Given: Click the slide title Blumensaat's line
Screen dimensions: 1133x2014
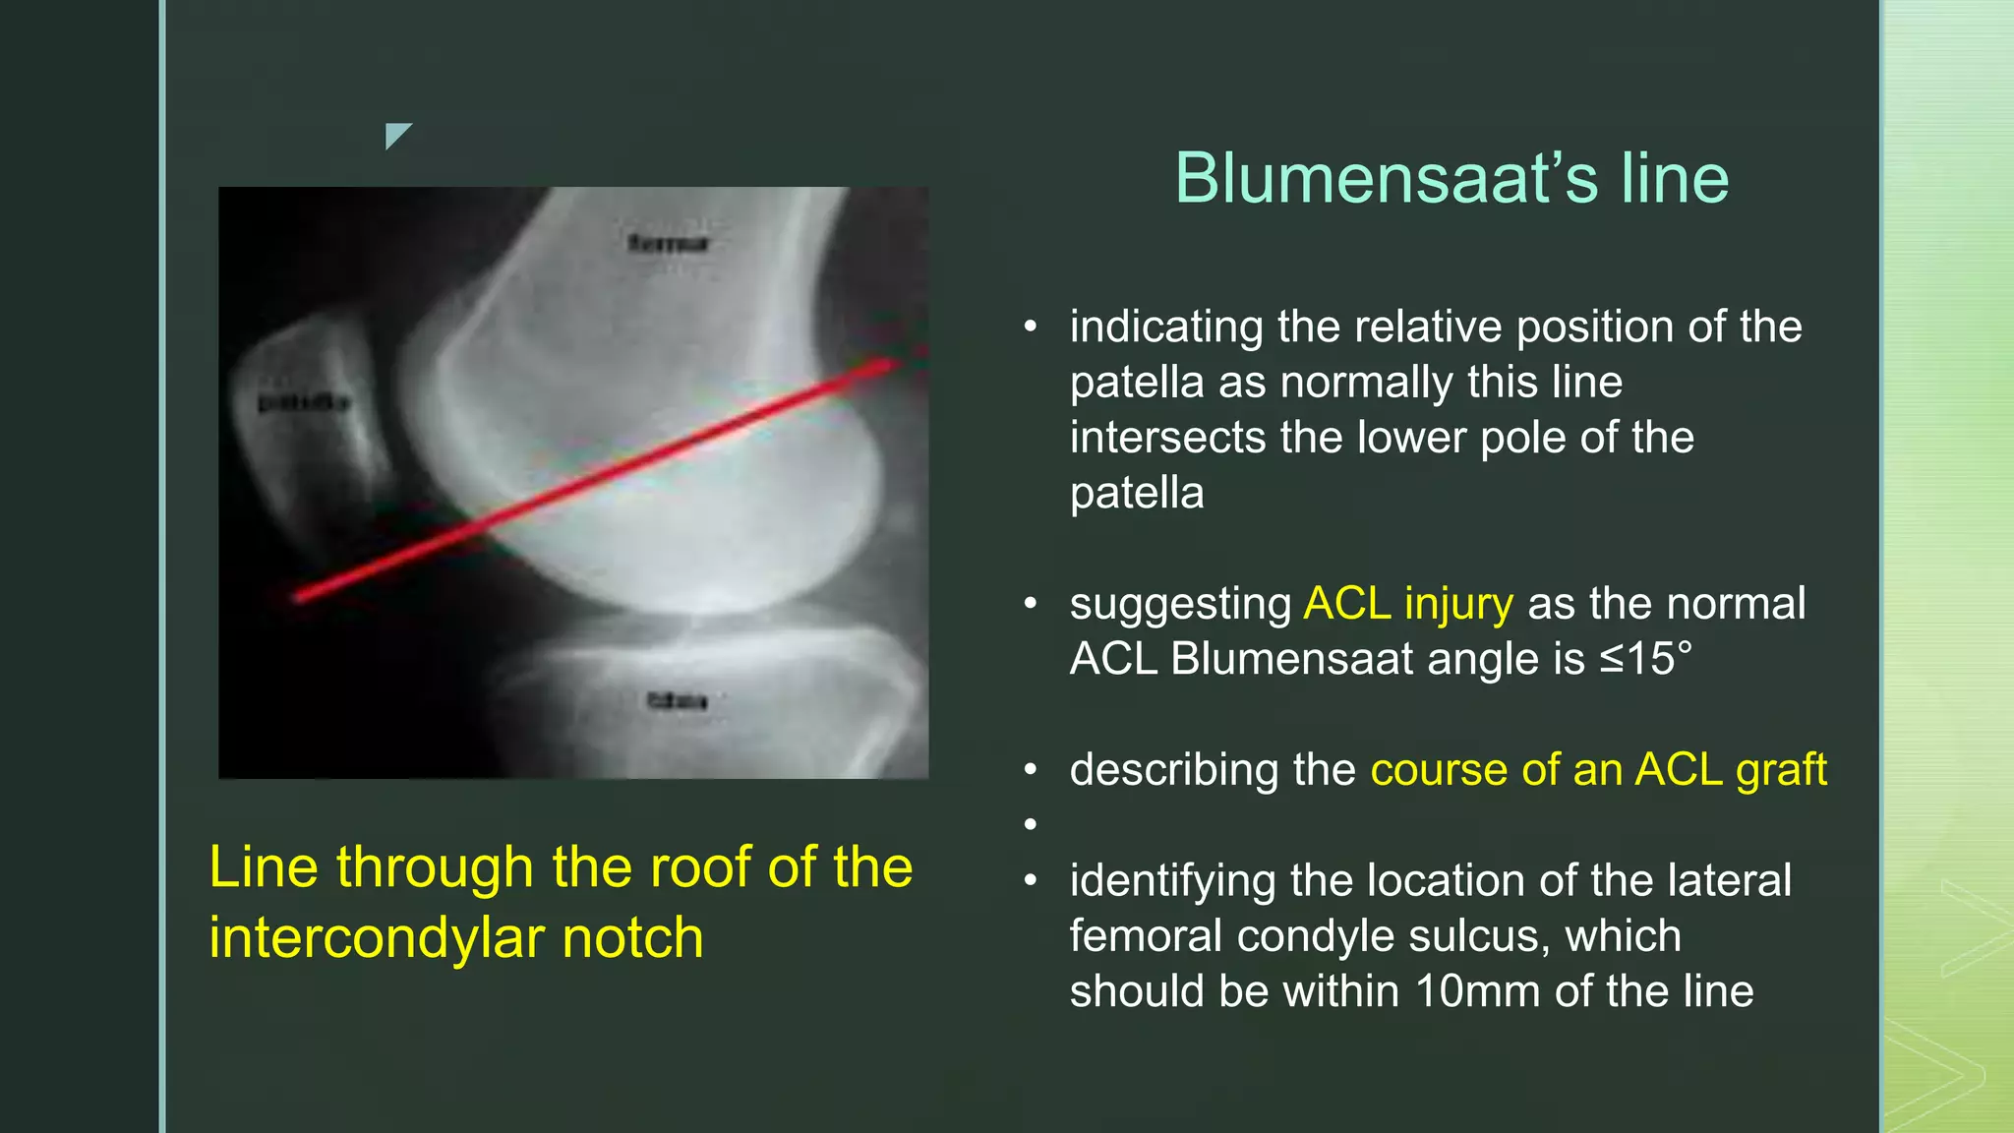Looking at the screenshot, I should [1451, 179].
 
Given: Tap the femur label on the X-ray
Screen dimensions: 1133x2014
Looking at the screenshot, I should [668, 243].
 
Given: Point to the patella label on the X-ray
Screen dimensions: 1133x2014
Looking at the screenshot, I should [303, 403].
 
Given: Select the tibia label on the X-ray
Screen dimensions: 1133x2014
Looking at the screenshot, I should [677, 701].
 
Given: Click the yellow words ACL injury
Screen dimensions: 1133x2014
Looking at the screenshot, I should [1407, 604].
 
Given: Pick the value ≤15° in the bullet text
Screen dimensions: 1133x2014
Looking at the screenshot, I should [1646, 659].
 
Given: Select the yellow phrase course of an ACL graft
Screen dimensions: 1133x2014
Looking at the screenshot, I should [1598, 770].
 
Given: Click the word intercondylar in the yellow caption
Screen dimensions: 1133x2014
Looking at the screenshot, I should [378, 938].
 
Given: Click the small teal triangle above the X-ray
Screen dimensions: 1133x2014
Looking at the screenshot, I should [395, 134].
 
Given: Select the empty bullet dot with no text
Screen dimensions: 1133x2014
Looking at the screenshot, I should [1030, 824].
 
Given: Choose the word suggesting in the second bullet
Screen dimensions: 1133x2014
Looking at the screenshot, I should [1180, 604].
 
